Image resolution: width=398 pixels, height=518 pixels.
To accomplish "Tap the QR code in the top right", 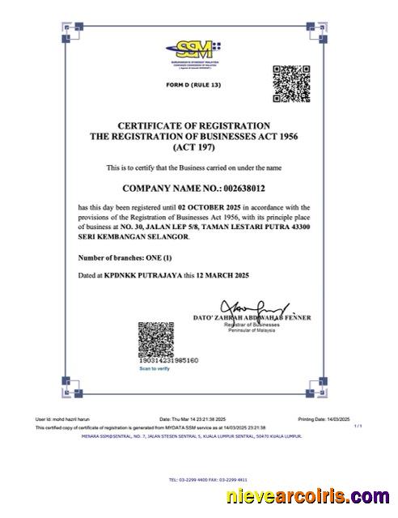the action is pos(290,83).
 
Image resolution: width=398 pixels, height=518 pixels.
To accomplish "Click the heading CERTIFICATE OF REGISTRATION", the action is pos(194,126).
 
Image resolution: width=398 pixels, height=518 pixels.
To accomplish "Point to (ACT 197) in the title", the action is pos(193,148).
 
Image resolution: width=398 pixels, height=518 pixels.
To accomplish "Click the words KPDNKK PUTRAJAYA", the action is pos(143,276).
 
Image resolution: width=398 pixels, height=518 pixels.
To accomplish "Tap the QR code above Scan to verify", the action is pos(155,339).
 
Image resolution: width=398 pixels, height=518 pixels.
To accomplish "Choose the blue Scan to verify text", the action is pos(155,369).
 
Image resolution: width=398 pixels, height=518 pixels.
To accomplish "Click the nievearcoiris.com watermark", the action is pos(307,496).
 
